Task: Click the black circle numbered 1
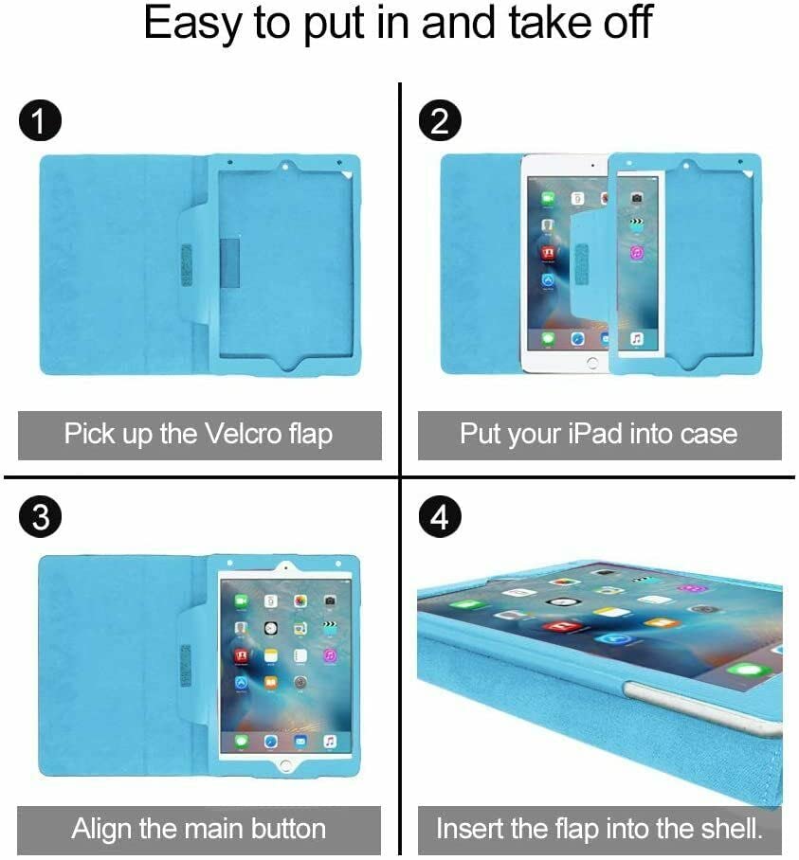(40, 120)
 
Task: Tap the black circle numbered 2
(440, 120)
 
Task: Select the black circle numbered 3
(40, 516)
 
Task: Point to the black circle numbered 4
(440, 516)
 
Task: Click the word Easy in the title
(192, 23)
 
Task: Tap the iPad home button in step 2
(592, 363)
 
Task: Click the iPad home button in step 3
(285, 764)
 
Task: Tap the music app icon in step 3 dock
(329, 742)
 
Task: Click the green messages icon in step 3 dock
(241, 742)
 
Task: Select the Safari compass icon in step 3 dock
(270, 742)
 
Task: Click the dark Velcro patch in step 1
(230, 263)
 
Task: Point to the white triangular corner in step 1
(347, 175)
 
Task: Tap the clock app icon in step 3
(270, 629)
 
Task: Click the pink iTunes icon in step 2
(637, 253)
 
